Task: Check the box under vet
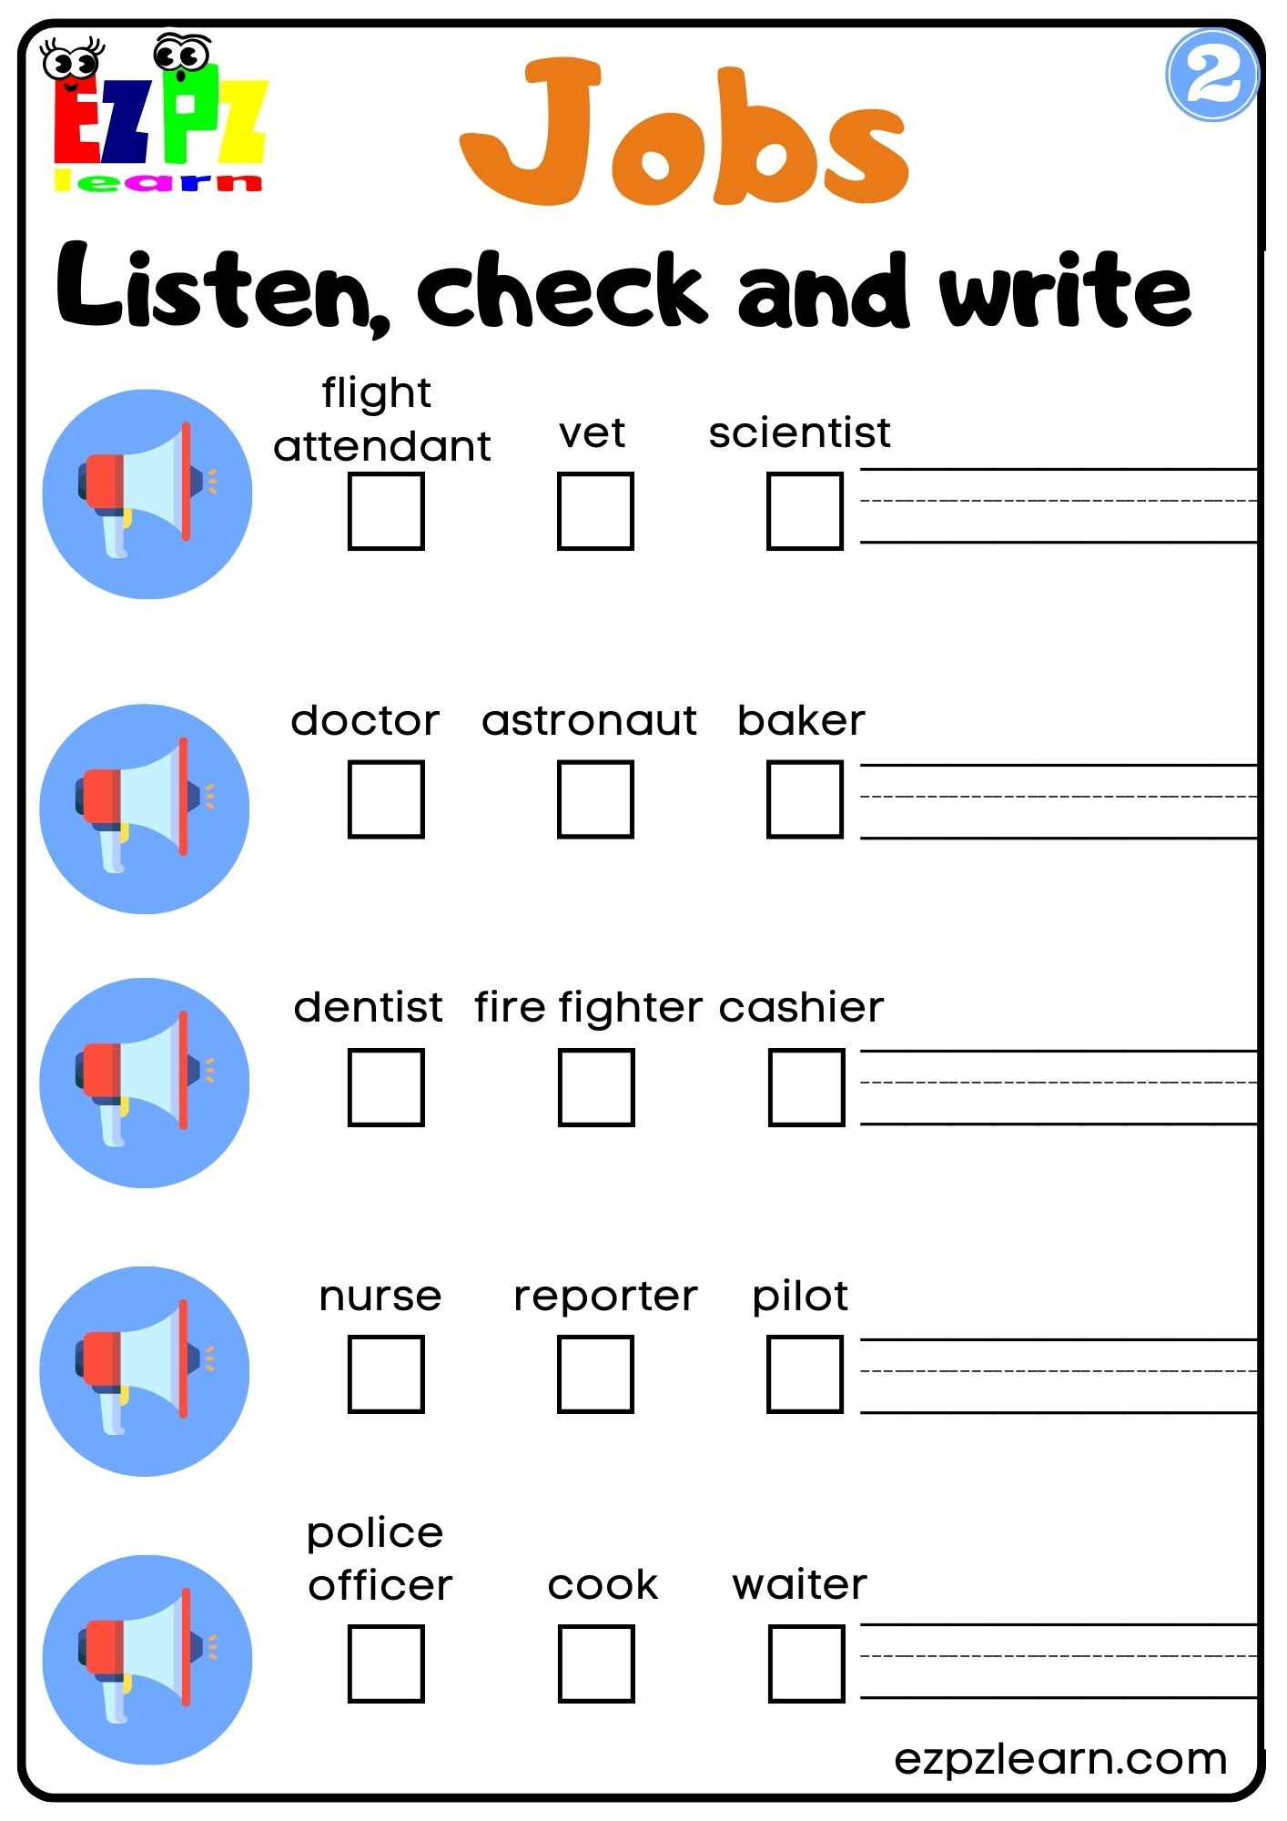pos(595,511)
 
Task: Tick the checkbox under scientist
pos(805,511)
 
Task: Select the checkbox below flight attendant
pos(386,511)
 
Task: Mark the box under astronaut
pos(595,799)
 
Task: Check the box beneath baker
pos(805,799)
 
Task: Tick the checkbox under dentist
pos(386,1087)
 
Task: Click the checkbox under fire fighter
pos(596,1087)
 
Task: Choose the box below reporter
pos(595,1374)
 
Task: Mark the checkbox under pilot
pos(805,1374)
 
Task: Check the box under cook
pos(596,1663)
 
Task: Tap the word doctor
pos(365,720)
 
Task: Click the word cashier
pos(801,1008)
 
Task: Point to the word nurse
pos(380,1297)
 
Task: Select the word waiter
pos(800,1585)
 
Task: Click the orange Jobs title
pos(684,132)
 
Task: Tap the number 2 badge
pos(1211,75)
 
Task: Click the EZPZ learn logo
pos(157,117)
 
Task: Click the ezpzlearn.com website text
pos(1060,1759)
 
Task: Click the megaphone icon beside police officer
pos(147,1658)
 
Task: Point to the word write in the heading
pos(1066,289)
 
